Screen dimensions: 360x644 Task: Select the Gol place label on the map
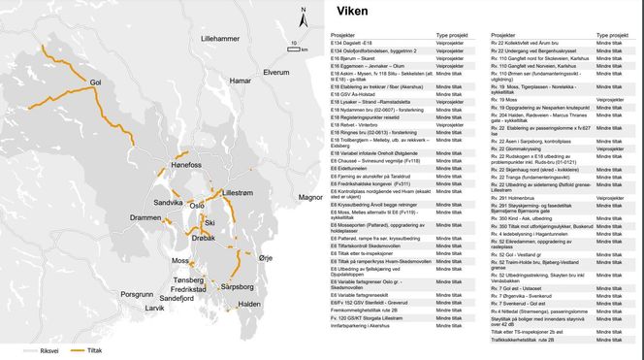pos(95,83)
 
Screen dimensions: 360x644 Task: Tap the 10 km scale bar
pos(294,48)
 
